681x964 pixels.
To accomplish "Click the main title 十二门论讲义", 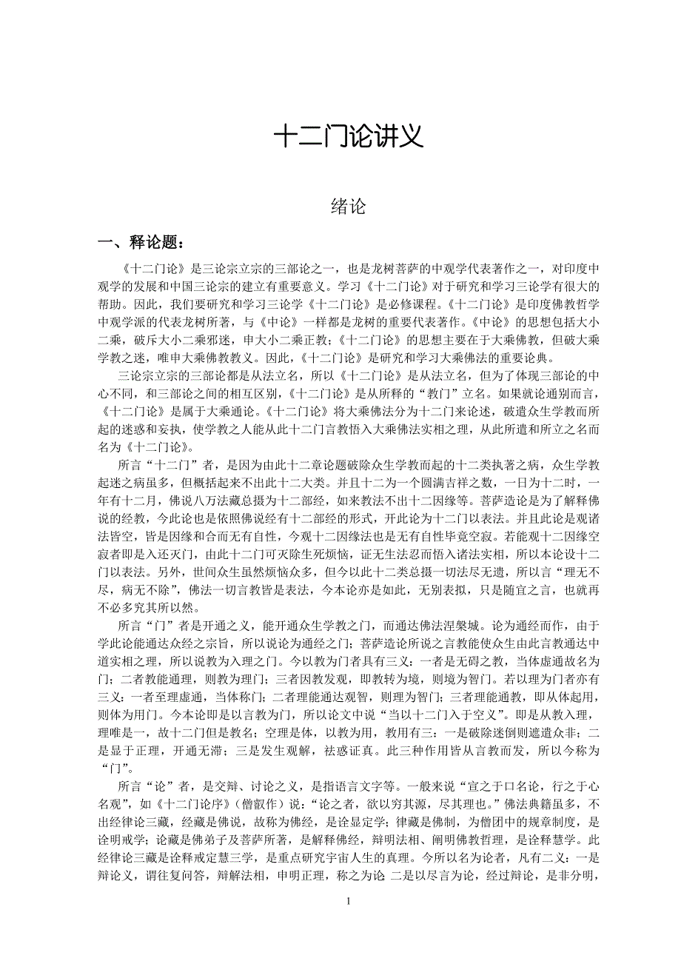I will coord(347,136).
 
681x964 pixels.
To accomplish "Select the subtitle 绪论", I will coord(347,207).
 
